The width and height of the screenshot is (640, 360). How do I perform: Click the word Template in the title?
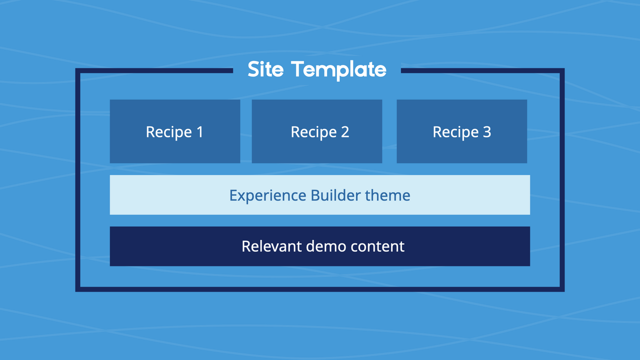338,70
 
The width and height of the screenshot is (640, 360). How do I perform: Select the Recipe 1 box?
175,131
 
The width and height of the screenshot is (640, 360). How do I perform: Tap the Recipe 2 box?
317,131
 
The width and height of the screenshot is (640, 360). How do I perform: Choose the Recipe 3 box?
461,131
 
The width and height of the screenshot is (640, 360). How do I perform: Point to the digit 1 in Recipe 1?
199,132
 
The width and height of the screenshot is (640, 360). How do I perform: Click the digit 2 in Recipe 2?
344,132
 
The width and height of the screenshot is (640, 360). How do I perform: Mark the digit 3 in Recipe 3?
486,132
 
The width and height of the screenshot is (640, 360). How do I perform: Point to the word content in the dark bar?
377,246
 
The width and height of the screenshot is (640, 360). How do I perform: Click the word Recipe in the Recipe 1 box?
169,132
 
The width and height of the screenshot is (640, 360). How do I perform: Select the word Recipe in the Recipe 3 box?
455,132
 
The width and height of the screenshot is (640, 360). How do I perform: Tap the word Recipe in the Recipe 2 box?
314,132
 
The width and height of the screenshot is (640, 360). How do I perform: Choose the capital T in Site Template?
298,69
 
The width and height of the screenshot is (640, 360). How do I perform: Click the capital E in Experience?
233,195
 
